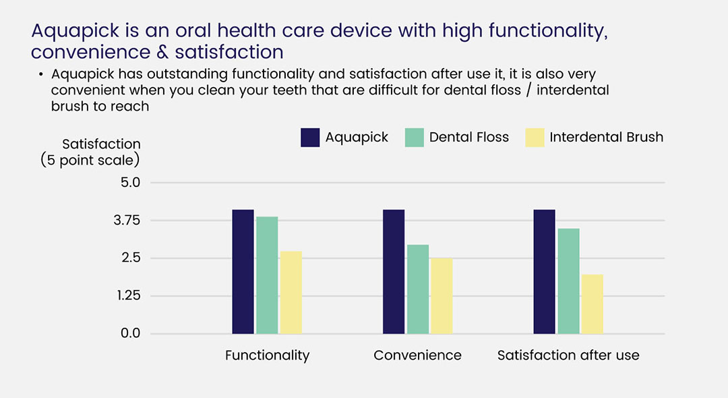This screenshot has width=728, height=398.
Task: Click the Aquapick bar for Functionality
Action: pos(243,271)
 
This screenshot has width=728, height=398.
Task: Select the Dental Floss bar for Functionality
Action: pos(267,275)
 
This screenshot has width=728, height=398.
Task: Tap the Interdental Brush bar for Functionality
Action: pos(291,292)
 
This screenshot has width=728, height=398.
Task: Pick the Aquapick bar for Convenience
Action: pos(394,271)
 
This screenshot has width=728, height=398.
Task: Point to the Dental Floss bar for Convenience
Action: pos(418,289)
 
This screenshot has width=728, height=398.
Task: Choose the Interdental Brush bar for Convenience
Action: pos(442,295)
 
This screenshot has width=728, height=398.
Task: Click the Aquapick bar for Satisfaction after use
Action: pos(544,271)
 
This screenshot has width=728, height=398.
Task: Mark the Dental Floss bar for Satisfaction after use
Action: pos(568,281)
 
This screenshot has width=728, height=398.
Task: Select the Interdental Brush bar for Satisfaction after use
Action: pos(592,304)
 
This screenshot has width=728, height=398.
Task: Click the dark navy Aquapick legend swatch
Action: pos(310,137)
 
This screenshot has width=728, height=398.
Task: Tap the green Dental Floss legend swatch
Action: pos(414,137)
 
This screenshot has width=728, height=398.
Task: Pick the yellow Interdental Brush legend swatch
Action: pos(534,137)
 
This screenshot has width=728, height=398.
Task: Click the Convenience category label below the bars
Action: pos(417,356)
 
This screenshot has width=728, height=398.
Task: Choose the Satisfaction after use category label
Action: pos(568,356)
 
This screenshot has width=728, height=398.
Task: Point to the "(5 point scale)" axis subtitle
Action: pos(90,160)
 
